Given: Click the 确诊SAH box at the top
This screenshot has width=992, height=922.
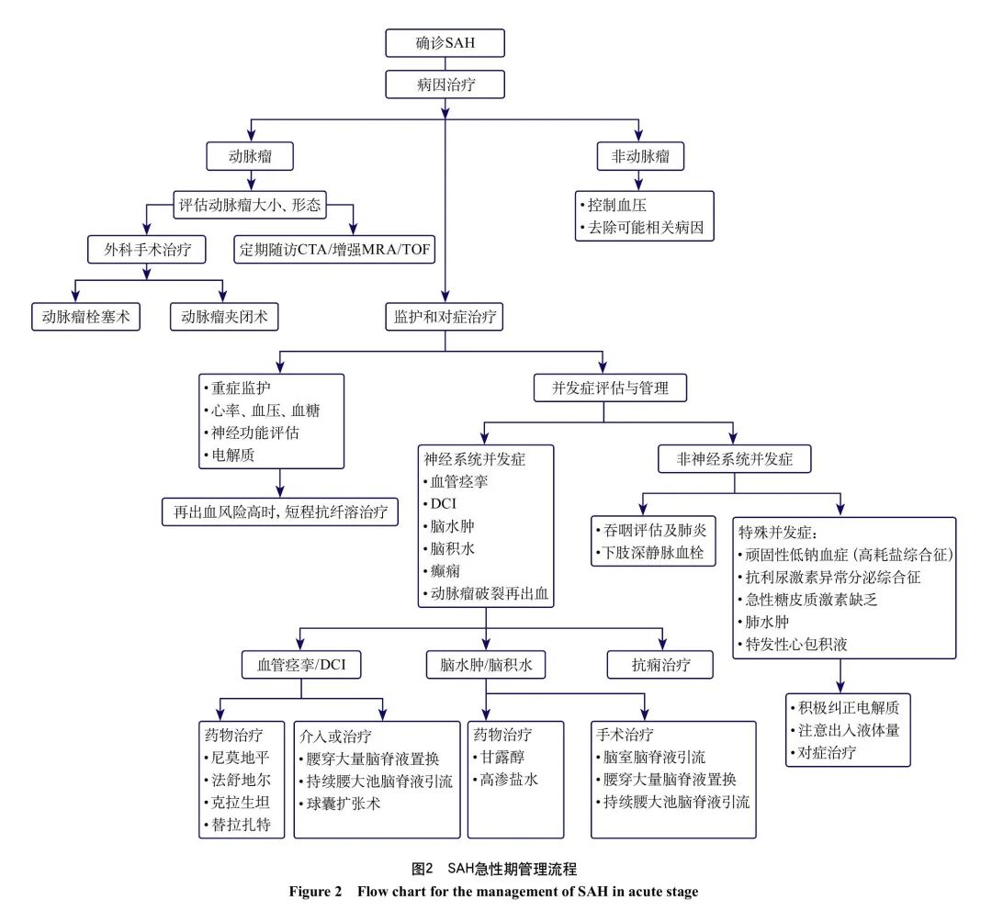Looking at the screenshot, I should coord(445,44).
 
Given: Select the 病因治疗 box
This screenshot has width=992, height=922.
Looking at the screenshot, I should coord(445,85).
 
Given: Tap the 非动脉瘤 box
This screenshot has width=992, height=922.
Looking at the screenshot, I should coord(640,156).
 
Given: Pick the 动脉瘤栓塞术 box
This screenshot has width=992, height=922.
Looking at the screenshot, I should coord(85,317).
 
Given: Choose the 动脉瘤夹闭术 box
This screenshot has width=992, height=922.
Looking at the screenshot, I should coord(223,317).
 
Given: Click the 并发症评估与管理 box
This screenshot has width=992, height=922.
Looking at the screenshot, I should coord(603,388).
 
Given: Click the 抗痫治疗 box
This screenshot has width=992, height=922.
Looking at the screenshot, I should coord(660,664).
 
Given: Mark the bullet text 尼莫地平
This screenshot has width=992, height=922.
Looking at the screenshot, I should coord(236,758).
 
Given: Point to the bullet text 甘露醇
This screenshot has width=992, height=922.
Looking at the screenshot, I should coord(505,758).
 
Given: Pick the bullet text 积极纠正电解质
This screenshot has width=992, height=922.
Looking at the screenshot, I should coord(849,708).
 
